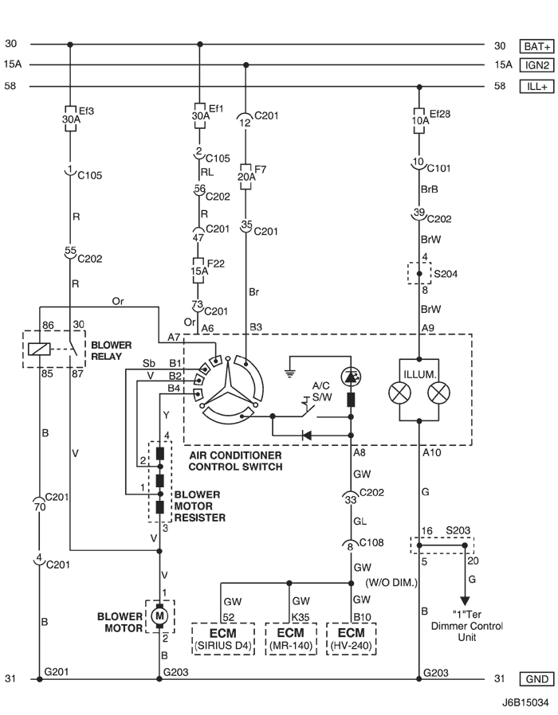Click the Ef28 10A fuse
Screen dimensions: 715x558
(418, 117)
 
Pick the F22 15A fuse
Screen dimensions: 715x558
(198, 267)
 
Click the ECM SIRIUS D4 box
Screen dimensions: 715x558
(222, 638)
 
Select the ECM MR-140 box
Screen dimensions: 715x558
(289, 638)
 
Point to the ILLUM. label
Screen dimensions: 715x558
(419, 369)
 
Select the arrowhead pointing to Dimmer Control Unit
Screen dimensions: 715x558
(465, 600)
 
